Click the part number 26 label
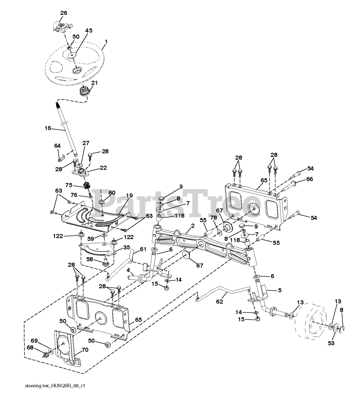click(64, 13)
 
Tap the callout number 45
click(89, 31)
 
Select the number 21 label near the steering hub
click(94, 83)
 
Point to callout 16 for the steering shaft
click(48, 128)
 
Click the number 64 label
click(57, 145)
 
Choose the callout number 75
click(69, 185)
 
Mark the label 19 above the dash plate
click(129, 196)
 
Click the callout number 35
click(127, 247)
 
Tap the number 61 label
click(143, 249)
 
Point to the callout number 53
click(331, 343)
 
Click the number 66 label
click(309, 179)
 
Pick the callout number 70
click(85, 350)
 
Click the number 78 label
click(213, 217)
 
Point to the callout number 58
click(90, 259)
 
